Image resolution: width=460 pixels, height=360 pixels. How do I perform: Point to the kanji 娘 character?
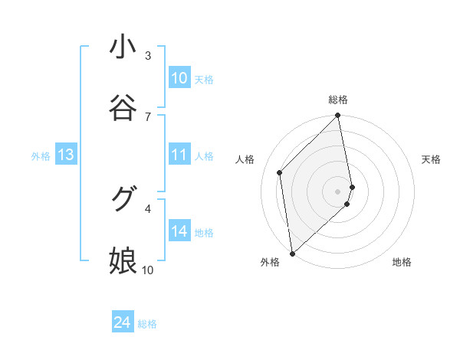(x=123, y=260)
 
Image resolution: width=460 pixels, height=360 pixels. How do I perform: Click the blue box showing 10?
(x=179, y=78)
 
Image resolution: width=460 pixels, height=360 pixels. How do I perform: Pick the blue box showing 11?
(x=179, y=155)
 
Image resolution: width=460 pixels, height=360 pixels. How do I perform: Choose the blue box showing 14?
(x=179, y=231)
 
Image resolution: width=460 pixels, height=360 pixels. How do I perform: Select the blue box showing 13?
(x=66, y=155)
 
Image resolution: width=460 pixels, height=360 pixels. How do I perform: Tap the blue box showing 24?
(x=122, y=322)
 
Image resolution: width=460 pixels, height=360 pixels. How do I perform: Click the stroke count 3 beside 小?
(x=148, y=55)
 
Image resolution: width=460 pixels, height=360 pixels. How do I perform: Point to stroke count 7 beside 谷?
(x=148, y=116)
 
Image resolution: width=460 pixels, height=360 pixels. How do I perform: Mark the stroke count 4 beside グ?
(x=148, y=208)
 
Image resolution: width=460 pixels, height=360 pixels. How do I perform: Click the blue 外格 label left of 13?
(x=41, y=156)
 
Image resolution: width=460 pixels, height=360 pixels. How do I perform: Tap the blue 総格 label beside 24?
(x=147, y=324)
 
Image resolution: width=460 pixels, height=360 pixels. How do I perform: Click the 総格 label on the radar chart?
(x=338, y=100)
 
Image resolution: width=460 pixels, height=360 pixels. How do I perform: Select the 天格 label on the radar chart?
(x=432, y=159)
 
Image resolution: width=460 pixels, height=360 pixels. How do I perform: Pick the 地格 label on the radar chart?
(x=402, y=263)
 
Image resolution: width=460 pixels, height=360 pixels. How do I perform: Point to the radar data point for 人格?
(x=280, y=172)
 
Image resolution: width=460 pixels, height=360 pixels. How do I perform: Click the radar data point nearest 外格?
(x=292, y=253)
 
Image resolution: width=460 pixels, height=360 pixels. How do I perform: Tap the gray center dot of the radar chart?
(x=338, y=190)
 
